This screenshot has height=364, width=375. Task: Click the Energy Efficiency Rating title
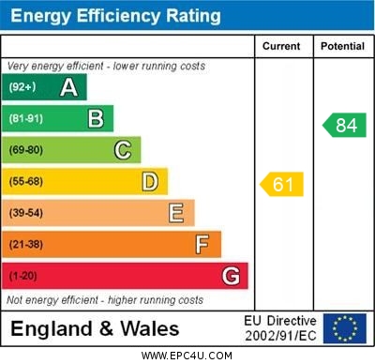coord(115,16)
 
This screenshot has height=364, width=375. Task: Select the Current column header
coord(281,46)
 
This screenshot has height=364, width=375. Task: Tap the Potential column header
coord(342,46)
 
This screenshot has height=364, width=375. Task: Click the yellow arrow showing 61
coord(282,185)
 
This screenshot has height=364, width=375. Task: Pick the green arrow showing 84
coord(344,125)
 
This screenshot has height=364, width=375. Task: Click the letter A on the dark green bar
coord(68,88)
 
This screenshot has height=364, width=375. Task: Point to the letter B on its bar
coord(96,119)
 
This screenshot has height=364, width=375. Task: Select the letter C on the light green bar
coord(123,150)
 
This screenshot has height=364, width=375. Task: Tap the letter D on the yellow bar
coord(150,181)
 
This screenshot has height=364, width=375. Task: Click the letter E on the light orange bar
coord(176,213)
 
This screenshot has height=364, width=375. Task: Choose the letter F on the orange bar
coord(202,244)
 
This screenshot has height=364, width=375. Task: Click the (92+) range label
coord(22,88)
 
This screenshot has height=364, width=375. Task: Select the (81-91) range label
coord(25,119)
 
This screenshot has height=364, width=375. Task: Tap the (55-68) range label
coord(25,182)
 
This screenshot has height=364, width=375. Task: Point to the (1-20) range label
coord(22,276)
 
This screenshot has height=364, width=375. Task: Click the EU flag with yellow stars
coord(345,328)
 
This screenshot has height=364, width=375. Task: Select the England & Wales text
coord(95,329)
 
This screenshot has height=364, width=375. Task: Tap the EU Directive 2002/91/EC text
coord(280,328)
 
